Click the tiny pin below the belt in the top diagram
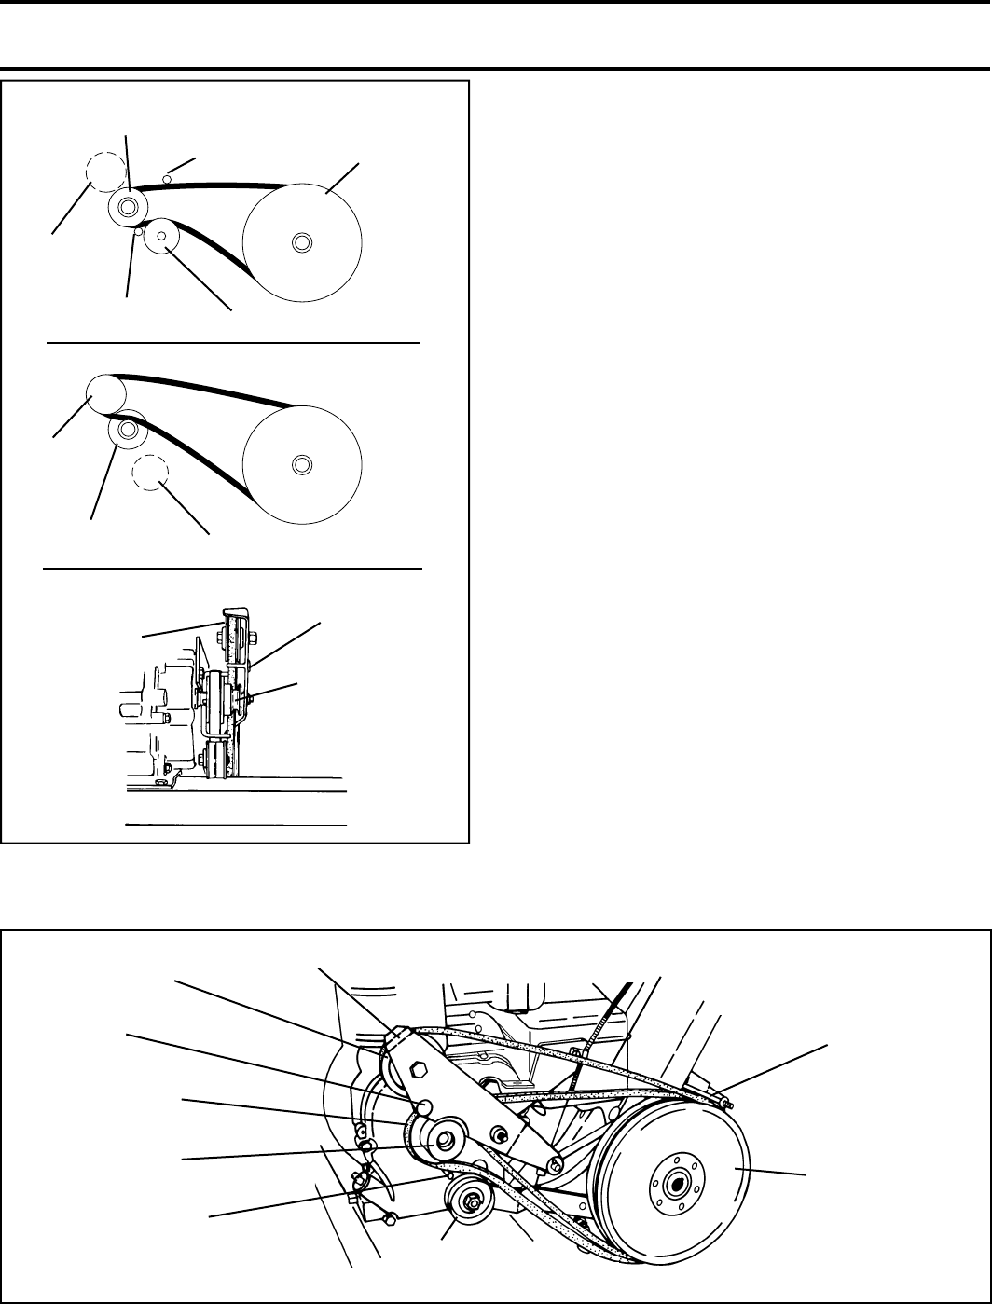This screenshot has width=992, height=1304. [x=137, y=235]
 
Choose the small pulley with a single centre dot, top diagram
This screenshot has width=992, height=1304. [x=161, y=236]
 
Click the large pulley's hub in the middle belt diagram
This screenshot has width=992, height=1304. [x=300, y=464]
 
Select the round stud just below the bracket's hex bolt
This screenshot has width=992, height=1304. [x=424, y=1106]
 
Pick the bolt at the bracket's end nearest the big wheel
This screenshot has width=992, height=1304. [x=556, y=1163]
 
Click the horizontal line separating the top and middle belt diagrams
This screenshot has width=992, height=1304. [x=233, y=343]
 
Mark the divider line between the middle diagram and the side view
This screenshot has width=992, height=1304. [x=233, y=567]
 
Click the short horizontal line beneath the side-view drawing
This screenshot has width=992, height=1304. [x=236, y=825]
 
